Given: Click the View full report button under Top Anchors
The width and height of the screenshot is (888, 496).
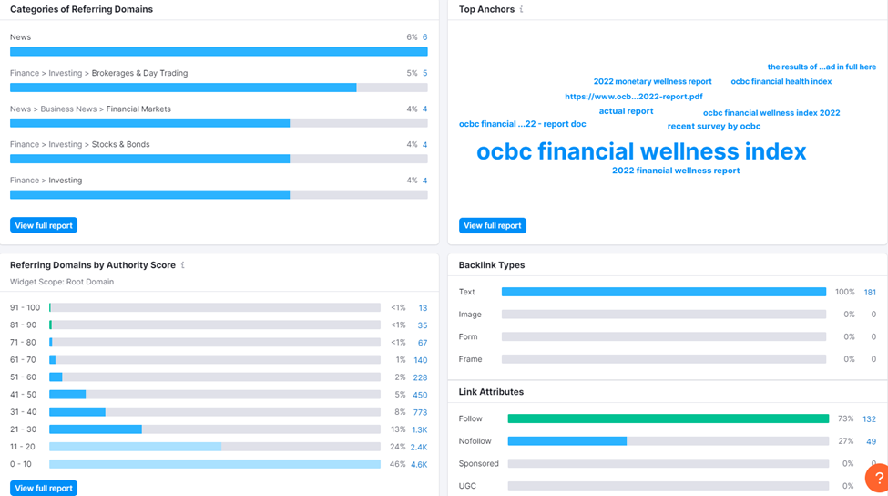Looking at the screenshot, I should coord(493,225).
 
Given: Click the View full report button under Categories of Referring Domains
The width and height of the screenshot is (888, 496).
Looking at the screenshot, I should coord(44,225).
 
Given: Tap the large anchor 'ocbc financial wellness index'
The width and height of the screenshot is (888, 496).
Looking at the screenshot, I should coord(641,151).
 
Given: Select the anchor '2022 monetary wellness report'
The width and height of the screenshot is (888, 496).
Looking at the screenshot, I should coord(652,81).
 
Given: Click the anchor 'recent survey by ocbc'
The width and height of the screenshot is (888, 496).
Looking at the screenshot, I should coord(713,126).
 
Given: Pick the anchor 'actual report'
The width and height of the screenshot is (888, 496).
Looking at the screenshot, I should coord(626,111).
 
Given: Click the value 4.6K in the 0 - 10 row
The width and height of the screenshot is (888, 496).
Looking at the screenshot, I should coord(419,464).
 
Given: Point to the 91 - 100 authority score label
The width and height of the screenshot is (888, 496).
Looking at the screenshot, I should coord(26,308).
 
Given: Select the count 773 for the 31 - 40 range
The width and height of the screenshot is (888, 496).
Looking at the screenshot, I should coord(420,412).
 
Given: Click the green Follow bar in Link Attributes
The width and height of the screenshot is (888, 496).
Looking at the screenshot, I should coord(668,418).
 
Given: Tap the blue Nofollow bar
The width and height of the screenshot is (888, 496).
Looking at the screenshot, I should coord(566,441).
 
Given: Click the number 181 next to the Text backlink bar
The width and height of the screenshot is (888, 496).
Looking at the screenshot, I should coord(870,292).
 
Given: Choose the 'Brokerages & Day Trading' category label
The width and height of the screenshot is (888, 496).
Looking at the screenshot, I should coord(139,73).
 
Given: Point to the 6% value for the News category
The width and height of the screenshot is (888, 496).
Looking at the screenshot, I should coord(412,37).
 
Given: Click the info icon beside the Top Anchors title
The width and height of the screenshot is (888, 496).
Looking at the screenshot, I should coord(522,9).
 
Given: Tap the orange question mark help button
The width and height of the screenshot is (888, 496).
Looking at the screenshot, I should coord(877,479).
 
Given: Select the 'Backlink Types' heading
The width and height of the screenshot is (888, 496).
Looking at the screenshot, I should coord(492,265).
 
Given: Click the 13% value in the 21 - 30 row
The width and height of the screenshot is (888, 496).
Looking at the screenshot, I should coord(398,429).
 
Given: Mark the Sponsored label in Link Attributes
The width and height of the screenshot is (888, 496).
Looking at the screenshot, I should coord(478,463).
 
